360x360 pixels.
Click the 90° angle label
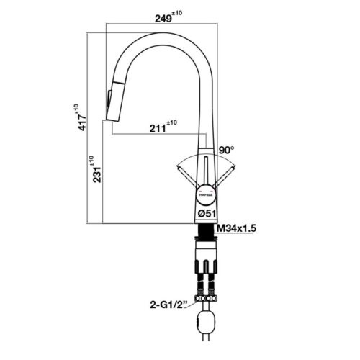click(228, 149)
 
